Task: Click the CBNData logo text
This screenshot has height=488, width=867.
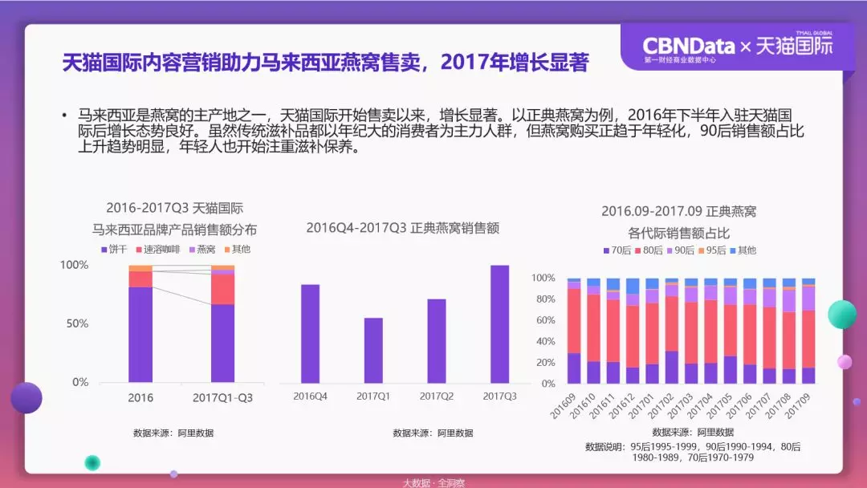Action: (689, 45)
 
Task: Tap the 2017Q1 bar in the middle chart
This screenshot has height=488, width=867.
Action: (373, 350)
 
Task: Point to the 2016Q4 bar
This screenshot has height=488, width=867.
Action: (310, 333)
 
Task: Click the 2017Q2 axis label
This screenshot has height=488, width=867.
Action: (437, 396)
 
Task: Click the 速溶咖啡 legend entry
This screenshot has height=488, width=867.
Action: (161, 250)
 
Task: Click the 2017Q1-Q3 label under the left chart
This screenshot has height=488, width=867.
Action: (223, 397)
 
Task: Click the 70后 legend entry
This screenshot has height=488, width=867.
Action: (619, 250)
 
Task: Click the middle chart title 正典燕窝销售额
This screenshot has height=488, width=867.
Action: (402, 228)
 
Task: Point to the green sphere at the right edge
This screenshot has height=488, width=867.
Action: (842, 315)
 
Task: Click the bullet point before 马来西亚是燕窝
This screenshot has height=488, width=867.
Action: (63, 116)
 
